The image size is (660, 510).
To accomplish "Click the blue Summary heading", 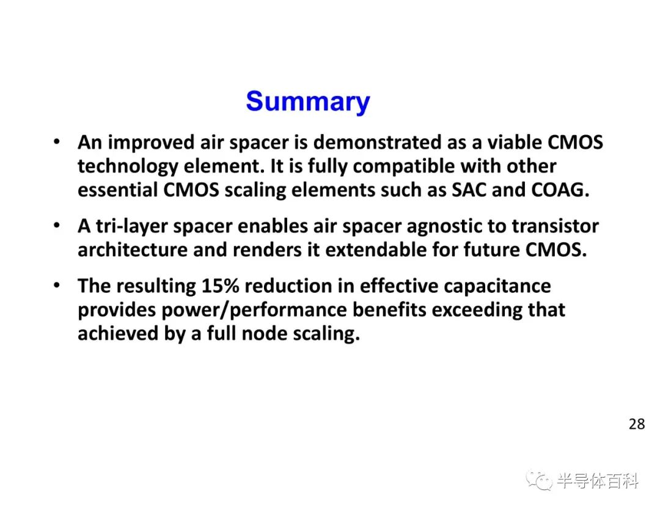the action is (307, 102).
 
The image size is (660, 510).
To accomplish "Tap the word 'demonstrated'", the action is (378, 142).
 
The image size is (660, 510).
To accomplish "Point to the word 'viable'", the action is (515, 142).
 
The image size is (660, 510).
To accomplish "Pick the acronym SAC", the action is (469, 190).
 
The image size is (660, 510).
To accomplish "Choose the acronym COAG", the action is (560, 190).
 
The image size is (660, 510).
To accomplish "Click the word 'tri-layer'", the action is (132, 227).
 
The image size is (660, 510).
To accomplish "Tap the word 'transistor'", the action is (555, 227).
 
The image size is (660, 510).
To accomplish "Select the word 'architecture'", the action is (133, 249).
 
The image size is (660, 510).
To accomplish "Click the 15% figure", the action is (220, 286).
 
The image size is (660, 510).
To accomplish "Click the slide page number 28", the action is (636, 424).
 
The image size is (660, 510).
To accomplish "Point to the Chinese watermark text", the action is (598, 481).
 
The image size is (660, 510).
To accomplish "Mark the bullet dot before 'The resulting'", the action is (57, 286).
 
